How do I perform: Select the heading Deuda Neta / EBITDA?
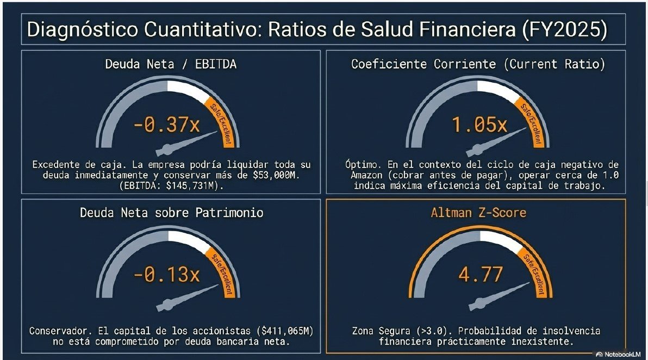click(x=171, y=64)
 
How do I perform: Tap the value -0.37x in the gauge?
click(x=166, y=126)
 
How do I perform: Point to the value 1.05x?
click(x=479, y=126)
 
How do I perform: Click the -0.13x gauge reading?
click(x=166, y=275)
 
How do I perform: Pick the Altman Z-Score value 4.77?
click(x=480, y=275)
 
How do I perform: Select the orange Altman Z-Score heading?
click(x=478, y=212)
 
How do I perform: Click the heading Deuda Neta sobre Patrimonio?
click(x=171, y=212)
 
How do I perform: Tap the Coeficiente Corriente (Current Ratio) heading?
click(x=478, y=64)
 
